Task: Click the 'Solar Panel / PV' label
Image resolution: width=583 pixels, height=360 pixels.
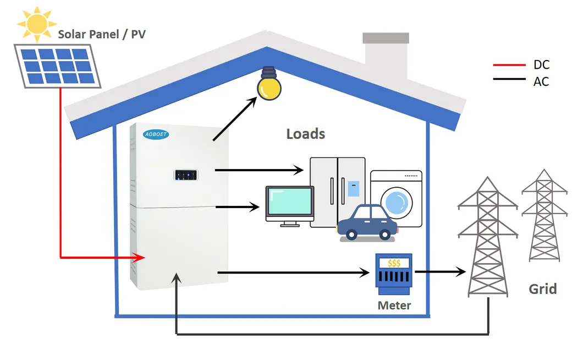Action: [103, 35]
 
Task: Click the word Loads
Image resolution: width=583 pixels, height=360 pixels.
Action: [306, 134]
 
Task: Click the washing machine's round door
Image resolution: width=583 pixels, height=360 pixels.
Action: [399, 201]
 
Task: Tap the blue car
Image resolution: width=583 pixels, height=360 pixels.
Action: [367, 223]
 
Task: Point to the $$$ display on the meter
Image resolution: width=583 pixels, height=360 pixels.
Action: [394, 263]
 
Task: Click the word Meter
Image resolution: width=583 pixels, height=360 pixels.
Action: [394, 304]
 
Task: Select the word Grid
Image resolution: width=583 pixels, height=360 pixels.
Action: [542, 288]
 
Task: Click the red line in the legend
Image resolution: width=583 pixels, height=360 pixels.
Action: [510, 65]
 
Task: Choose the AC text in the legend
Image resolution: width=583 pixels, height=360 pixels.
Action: [541, 81]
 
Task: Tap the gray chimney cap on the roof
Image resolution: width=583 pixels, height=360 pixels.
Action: [386, 38]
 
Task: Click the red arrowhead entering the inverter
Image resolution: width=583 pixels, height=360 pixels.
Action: [141, 257]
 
